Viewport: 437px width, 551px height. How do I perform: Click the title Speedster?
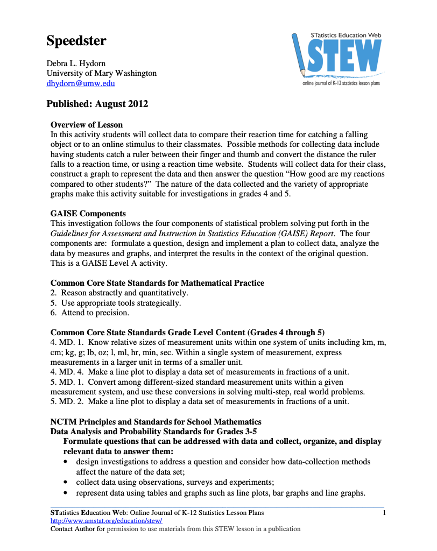(76, 41)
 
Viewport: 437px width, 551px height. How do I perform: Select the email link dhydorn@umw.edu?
(80, 83)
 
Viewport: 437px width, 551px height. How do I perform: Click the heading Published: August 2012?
(97, 104)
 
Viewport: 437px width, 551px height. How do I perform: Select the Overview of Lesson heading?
(87, 125)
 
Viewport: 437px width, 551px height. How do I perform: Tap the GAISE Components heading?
(88, 214)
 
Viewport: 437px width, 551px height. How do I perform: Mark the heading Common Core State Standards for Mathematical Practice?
(157, 283)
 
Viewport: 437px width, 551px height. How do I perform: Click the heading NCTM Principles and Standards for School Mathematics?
(156, 422)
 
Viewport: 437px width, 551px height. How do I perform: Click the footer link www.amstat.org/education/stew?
(106, 521)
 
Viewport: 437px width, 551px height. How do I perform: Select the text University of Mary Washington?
(102, 74)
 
